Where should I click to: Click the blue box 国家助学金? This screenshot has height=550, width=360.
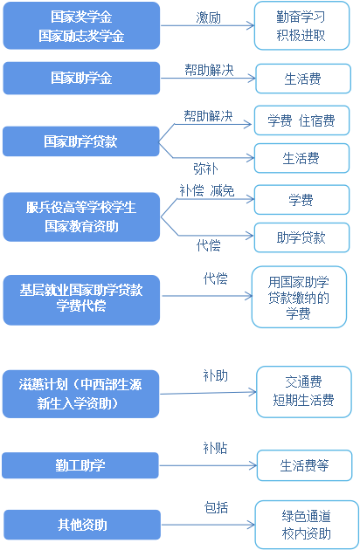81,78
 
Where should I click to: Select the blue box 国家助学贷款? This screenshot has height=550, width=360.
80,141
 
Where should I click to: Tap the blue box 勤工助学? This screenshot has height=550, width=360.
80,465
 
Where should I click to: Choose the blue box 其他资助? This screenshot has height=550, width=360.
82,525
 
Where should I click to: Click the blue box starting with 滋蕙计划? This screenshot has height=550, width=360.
80,394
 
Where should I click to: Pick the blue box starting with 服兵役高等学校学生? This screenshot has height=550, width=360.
81,217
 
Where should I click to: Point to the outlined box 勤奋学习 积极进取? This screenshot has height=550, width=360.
301,25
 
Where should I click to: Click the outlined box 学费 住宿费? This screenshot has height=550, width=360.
301,120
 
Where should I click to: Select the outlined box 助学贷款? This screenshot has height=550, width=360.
301,237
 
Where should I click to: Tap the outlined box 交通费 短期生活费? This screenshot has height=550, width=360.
304,392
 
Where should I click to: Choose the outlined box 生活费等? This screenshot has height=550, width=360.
304,465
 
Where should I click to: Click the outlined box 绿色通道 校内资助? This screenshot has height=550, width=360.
307,525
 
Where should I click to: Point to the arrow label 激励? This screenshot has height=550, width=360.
209,17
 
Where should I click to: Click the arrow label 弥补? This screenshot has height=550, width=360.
206,168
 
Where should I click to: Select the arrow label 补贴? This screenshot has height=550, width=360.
215,448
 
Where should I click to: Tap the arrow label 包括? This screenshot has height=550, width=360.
217,507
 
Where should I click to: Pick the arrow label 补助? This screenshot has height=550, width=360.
216,375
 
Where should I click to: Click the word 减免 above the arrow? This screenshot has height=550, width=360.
222,191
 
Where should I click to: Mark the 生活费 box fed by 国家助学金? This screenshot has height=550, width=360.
303,79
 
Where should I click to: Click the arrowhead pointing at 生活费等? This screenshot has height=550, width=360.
253,466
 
